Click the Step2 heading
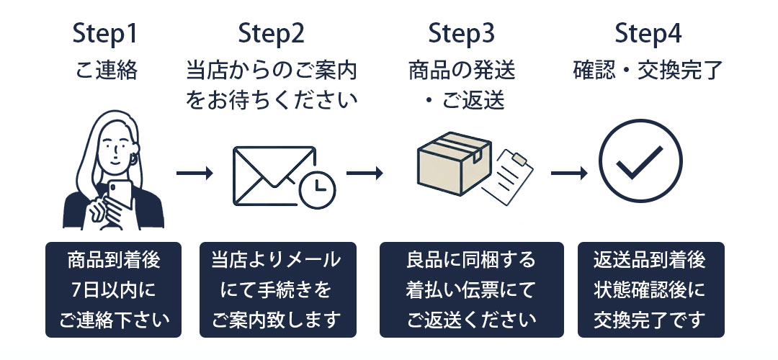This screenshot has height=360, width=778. (271, 35)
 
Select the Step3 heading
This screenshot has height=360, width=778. (462, 35)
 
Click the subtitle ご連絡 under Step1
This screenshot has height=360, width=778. (106, 71)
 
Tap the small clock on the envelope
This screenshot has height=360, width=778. (317, 190)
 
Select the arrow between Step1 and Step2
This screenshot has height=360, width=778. (194, 174)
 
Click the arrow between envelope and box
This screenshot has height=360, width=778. (365, 174)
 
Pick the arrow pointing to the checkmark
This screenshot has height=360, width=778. (569, 174)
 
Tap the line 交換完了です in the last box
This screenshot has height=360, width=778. (650, 320)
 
